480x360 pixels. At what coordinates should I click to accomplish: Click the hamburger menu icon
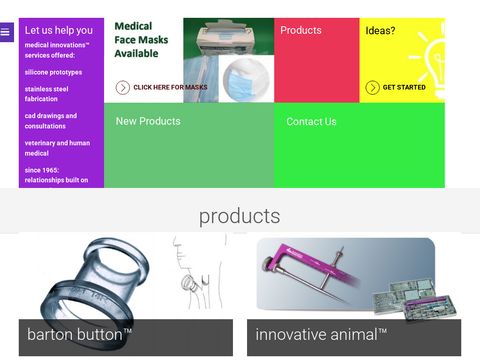(x=5, y=32)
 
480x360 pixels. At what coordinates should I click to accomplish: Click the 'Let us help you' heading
(x=59, y=30)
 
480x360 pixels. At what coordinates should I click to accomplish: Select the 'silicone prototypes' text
(x=53, y=72)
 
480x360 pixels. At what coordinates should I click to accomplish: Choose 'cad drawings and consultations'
(x=51, y=121)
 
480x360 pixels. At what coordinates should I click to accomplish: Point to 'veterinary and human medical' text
(x=57, y=148)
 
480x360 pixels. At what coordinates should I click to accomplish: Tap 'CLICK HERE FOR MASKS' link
(x=170, y=88)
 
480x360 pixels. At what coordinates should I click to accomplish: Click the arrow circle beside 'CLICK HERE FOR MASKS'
(x=122, y=88)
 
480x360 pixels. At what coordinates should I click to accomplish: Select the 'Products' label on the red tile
(x=301, y=31)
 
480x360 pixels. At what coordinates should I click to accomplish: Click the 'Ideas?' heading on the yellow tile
(x=380, y=31)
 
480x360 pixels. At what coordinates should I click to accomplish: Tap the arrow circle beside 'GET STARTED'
(x=372, y=88)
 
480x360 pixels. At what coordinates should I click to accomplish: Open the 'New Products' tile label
(x=148, y=122)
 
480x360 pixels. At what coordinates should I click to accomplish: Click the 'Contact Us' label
(x=311, y=122)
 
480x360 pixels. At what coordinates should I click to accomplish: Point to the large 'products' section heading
(x=239, y=216)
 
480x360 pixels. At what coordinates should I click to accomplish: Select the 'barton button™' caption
(x=80, y=335)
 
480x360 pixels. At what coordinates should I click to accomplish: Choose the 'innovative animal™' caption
(x=321, y=335)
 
